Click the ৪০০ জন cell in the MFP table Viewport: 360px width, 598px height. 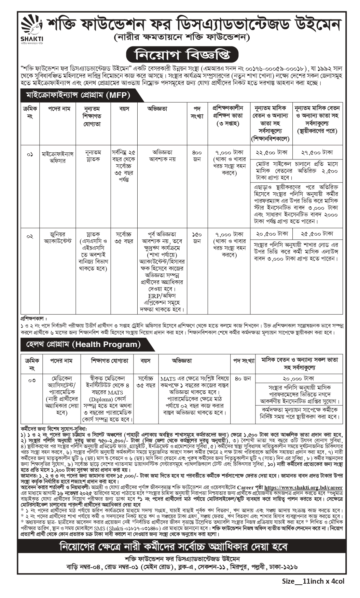[x=197, y=156]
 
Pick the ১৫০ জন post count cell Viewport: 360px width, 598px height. [x=197, y=238]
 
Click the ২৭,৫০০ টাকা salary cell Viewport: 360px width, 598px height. [x=317, y=152]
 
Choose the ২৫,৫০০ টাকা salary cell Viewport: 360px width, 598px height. [x=317, y=234]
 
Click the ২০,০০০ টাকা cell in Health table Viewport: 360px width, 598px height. [x=299, y=378]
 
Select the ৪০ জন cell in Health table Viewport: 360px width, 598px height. [x=243, y=378]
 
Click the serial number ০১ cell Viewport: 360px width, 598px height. [x=30, y=154]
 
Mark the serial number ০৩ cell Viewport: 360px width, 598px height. [x=32, y=380]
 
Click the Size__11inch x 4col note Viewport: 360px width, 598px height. [x=313, y=581]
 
